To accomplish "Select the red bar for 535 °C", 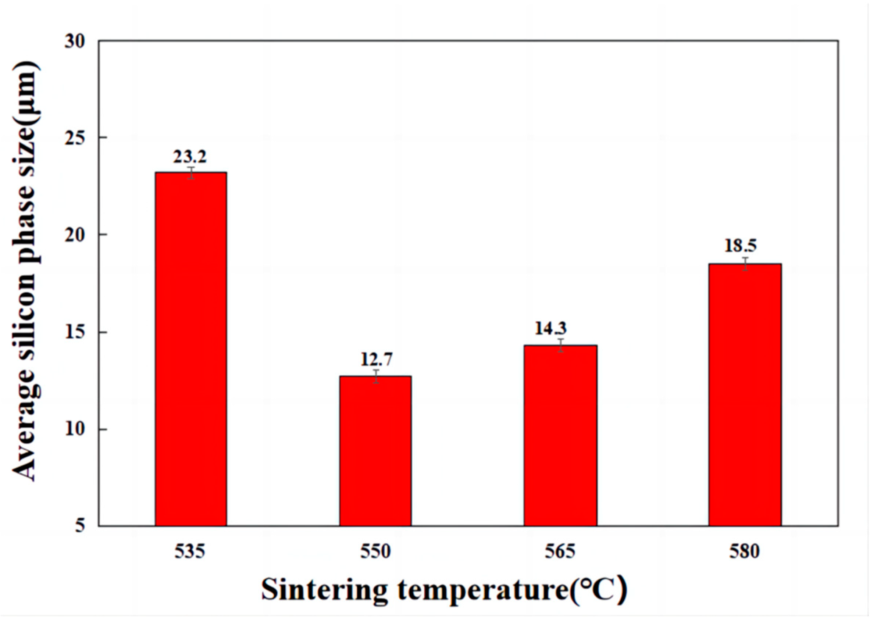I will click(191, 349).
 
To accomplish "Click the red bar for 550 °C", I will click(375, 451).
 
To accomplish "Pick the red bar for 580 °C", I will click(745, 394).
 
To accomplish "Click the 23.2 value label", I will click(190, 156).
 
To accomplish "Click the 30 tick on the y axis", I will click(76, 41).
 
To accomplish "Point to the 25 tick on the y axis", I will click(76, 138).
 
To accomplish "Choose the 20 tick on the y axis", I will click(76, 235).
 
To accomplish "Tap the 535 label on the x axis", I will click(190, 551).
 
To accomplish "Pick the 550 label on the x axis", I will click(376, 551).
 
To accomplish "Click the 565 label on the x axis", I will click(560, 551).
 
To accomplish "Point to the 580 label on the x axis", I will click(744, 551).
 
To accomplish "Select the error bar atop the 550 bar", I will click(376, 376).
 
